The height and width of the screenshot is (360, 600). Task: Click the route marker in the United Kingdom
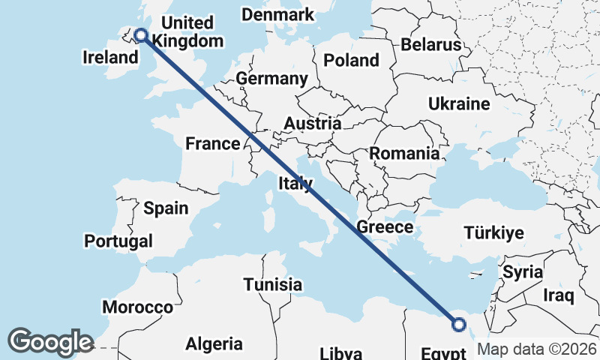[x=140, y=34]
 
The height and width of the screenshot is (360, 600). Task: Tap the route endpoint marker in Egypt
[x=459, y=324]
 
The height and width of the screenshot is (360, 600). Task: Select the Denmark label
[x=277, y=15]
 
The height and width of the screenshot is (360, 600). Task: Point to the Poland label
[x=351, y=60]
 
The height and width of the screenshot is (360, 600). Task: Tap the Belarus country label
[x=430, y=45]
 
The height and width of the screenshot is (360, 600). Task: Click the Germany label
[x=271, y=79]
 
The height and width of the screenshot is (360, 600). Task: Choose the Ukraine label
[x=459, y=103]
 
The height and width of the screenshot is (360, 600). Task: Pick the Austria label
[x=313, y=124]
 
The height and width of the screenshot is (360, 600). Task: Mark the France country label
[x=212, y=143]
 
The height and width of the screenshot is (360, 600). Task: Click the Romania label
[x=404, y=154]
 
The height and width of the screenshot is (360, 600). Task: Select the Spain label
[x=166, y=208]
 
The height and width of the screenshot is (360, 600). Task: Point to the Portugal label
[x=118, y=241]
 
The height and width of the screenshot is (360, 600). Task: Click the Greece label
[x=385, y=227]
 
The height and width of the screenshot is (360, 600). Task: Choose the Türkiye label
[x=494, y=232]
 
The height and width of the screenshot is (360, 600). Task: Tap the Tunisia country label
[x=273, y=285]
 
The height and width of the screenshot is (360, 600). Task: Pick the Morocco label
[x=138, y=307]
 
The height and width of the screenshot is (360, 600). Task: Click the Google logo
[x=50, y=341]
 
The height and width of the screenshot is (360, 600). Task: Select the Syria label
[x=522, y=271]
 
